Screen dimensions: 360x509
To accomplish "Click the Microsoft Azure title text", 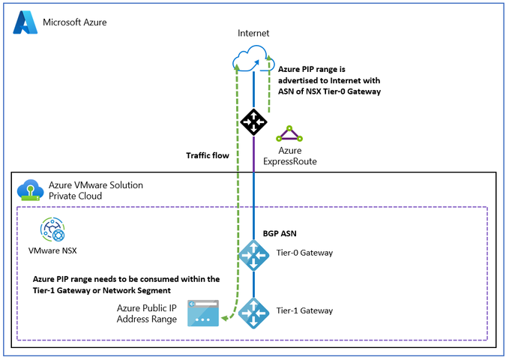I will tap(75, 22).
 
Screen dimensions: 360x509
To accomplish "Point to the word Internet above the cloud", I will tap(253, 34).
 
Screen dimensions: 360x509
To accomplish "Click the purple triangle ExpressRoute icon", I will tap(289, 134).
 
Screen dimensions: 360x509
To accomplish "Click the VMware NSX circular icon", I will tap(52, 229).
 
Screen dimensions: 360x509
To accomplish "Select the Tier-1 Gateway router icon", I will tap(254, 310).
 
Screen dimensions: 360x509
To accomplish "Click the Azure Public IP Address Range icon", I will tap(205, 312).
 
